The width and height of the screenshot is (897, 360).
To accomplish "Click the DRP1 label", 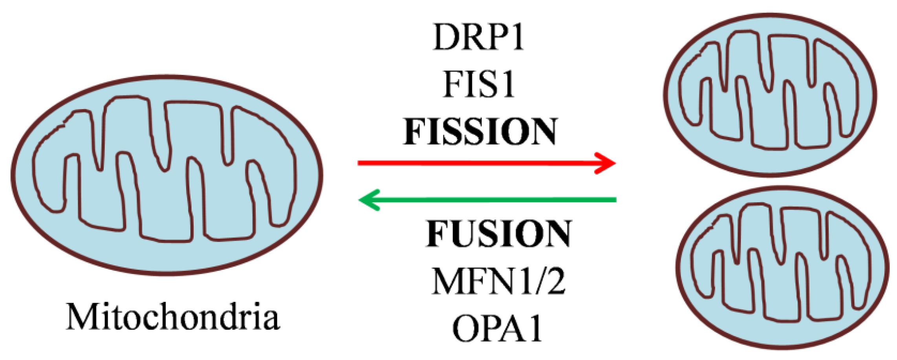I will click(478, 37).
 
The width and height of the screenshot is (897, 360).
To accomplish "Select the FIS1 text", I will click(478, 84).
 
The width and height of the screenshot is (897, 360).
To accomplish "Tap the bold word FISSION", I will click(480, 132).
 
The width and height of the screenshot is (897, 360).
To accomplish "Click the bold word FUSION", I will click(499, 234).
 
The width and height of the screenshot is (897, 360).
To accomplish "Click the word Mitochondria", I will click(173, 316).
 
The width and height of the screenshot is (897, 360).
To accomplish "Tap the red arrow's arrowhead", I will click(607, 163).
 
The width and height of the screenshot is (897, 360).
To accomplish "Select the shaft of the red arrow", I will click(471, 163).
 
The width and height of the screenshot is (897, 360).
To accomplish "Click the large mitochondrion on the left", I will click(167, 175).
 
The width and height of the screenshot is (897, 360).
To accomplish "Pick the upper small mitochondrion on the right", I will click(770, 94).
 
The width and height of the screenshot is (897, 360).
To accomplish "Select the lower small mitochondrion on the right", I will click(782, 267).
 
